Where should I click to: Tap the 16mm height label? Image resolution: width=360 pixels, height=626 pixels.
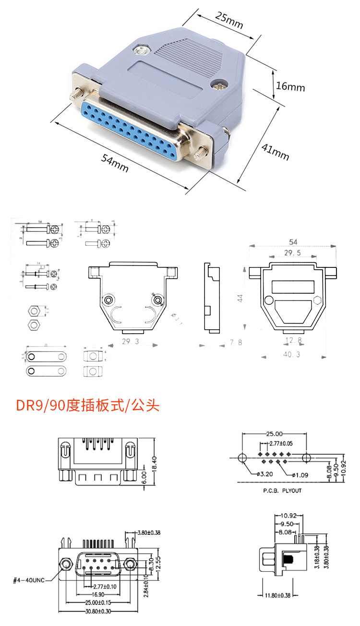coord(290,87)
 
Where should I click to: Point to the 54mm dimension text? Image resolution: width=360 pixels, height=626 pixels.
coord(115,164)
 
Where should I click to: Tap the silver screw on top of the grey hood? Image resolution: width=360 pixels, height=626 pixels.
coord(142,49)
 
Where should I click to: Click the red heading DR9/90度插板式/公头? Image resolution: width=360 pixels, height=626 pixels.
coord(88,406)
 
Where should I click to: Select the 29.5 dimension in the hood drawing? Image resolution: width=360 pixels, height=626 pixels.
coord(293,253)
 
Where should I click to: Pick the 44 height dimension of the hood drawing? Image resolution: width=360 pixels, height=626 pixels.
coord(240,298)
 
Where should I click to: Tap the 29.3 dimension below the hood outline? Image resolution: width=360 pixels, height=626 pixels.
coord(130,341)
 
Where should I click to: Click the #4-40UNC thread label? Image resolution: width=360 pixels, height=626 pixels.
coord(29,580)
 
